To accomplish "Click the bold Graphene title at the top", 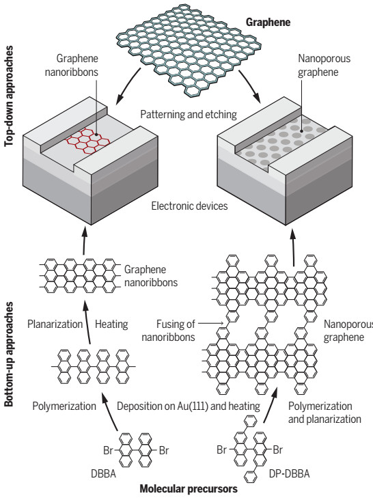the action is (x=268, y=23).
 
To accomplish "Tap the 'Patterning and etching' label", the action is (x=189, y=114).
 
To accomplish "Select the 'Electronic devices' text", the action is (x=189, y=206).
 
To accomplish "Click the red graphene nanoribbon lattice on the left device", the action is (x=87, y=141).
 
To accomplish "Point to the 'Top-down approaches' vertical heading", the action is (x=9, y=96).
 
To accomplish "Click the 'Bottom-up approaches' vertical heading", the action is (x=9, y=354).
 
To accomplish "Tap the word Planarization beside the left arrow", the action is (x=55, y=324).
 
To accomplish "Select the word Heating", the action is (x=111, y=324).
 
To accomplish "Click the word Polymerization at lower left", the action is (x=64, y=406).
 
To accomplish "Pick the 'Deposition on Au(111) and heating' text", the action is (x=189, y=406).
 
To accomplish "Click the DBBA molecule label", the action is (x=104, y=473).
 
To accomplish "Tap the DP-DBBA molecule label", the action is (x=289, y=473).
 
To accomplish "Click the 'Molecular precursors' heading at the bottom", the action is (x=189, y=489).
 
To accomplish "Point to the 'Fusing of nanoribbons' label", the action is (x=168, y=331).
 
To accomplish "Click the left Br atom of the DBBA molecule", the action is (x=108, y=450).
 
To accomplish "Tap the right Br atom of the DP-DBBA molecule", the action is (x=277, y=449).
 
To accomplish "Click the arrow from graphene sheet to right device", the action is (x=250, y=86).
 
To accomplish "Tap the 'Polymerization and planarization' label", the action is (x=324, y=412).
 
